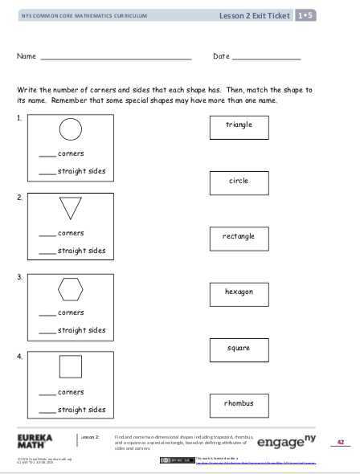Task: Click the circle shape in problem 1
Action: [71, 129]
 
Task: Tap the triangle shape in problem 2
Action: [71, 207]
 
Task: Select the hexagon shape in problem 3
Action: [71, 287]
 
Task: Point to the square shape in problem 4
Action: [71, 367]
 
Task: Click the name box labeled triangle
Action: [239, 126]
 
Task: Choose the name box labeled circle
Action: [239, 182]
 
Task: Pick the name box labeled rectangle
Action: [239, 237]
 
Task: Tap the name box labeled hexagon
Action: [239, 292]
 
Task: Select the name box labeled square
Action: [239, 349]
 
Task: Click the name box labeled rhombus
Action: [239, 403]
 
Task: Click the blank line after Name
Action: [115, 59]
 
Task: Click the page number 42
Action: [341, 443]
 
